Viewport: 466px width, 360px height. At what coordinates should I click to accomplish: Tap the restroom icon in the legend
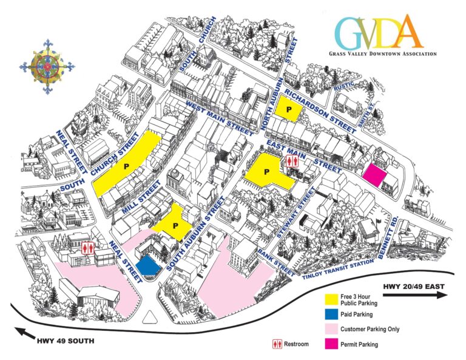tap(277, 344)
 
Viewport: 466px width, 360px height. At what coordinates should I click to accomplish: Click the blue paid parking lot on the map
tap(147, 265)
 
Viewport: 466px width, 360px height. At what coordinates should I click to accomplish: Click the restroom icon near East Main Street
tap(291, 161)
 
